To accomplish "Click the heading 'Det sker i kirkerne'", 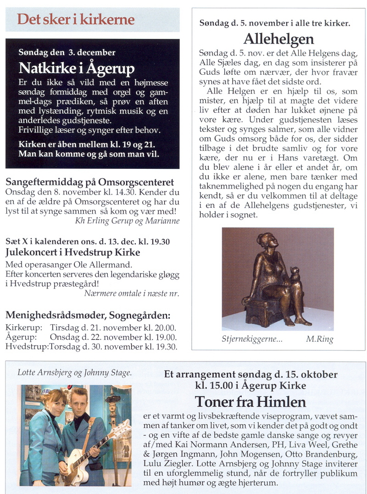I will click(76, 20).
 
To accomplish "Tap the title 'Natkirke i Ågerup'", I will click(77, 68).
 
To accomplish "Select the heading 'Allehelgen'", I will click(278, 38).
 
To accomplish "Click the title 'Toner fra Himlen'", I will click(250, 402).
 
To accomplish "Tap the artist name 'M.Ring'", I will click(319, 339).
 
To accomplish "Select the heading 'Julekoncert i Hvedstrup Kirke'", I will click(73, 252).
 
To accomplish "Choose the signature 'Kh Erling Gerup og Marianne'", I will click(127, 221).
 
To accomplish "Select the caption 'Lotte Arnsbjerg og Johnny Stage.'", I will click(75, 372).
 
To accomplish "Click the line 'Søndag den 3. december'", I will click(67, 53).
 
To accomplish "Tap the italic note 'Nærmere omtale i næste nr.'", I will click(132, 293).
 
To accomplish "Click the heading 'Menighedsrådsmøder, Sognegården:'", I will click(88, 315).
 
